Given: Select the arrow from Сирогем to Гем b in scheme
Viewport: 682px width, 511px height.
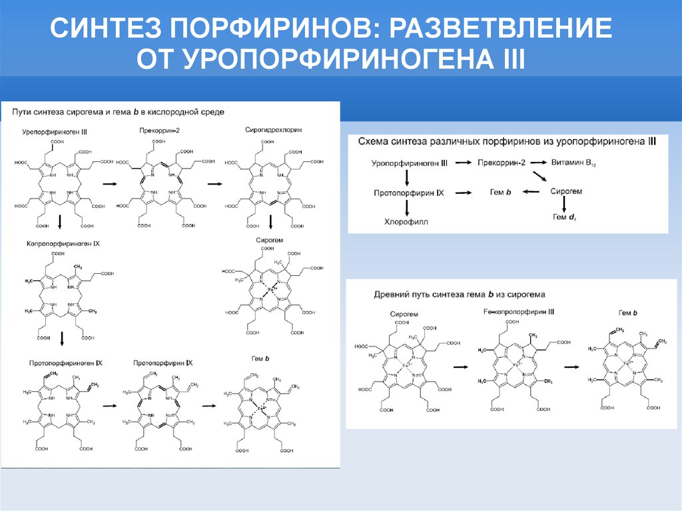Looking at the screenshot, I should (531, 192).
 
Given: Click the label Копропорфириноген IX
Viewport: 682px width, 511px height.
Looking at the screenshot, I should (63, 244).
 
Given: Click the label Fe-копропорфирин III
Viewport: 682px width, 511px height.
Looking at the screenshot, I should (517, 312).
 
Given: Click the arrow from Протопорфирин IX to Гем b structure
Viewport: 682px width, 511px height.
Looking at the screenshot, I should (210, 405).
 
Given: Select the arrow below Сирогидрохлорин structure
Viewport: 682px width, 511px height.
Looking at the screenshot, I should (271, 222).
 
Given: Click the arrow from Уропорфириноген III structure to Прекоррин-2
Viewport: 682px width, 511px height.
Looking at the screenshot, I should (109, 183).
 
